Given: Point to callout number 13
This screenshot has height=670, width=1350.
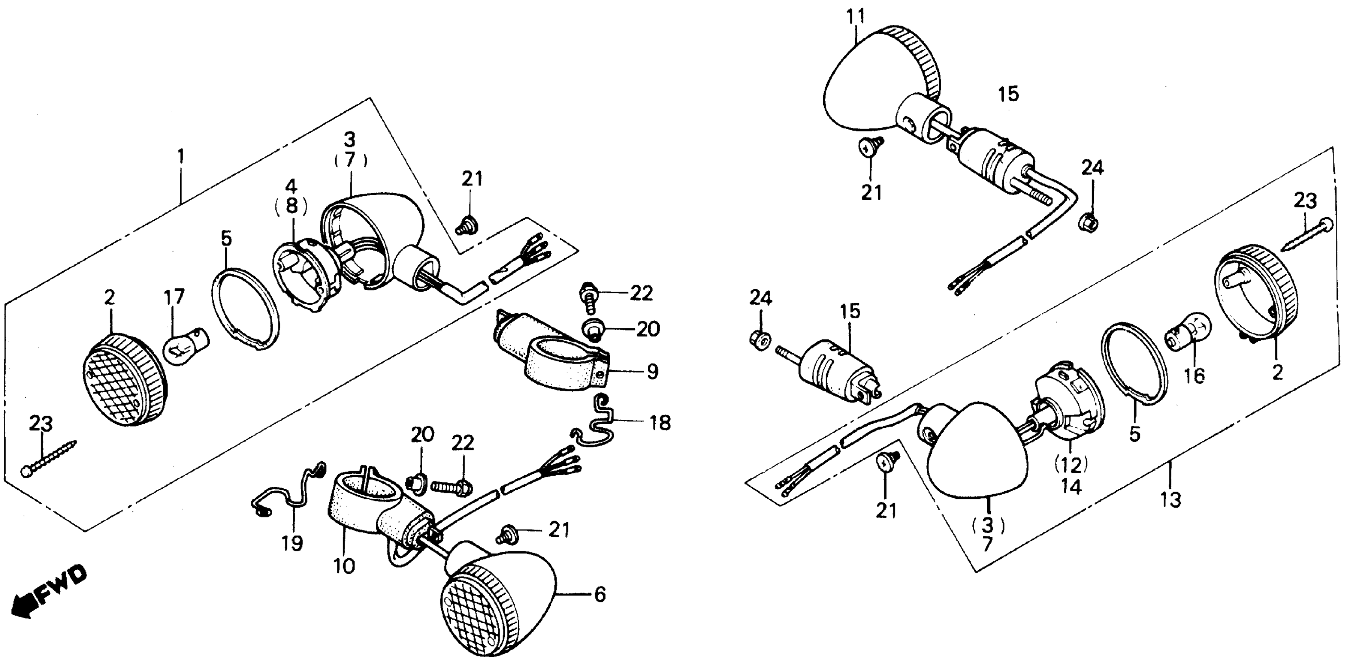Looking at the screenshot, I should pos(1170,500).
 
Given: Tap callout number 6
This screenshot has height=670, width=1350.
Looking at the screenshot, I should pos(600,595).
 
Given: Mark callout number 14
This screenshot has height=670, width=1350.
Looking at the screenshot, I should pos(1071,487).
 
